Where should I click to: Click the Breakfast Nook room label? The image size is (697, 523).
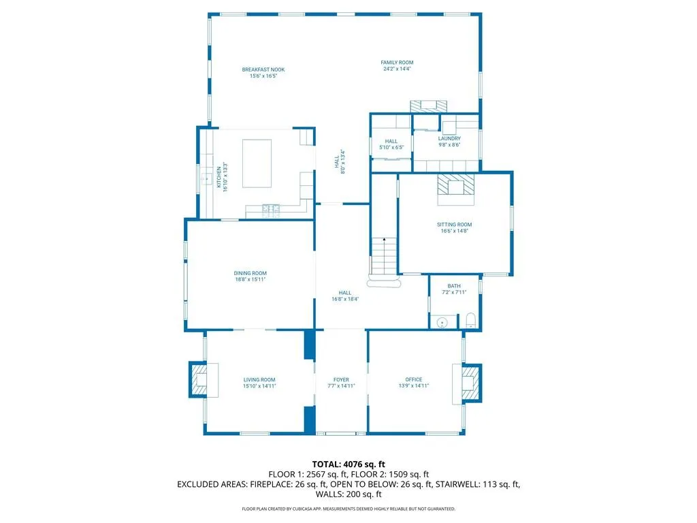(x=263, y=69)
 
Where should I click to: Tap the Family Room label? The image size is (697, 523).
(x=397, y=63)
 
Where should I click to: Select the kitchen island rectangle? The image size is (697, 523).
(x=257, y=163)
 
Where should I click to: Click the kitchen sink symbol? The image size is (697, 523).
(x=206, y=179)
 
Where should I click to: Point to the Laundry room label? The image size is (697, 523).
(x=449, y=139)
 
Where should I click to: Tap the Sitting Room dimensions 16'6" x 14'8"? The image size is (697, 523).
(x=454, y=231)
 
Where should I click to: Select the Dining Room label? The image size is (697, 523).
(x=250, y=273)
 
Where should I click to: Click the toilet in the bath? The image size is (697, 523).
(x=471, y=321)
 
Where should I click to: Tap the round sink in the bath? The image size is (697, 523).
(x=442, y=323)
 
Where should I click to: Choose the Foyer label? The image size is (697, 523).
(x=342, y=380)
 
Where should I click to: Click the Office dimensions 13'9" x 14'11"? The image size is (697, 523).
(x=413, y=386)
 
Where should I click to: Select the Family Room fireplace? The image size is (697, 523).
(x=429, y=106)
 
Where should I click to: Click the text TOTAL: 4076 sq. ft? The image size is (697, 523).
(x=348, y=464)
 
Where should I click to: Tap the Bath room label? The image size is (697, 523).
(x=454, y=286)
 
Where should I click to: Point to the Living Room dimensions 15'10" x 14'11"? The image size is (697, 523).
(x=259, y=386)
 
